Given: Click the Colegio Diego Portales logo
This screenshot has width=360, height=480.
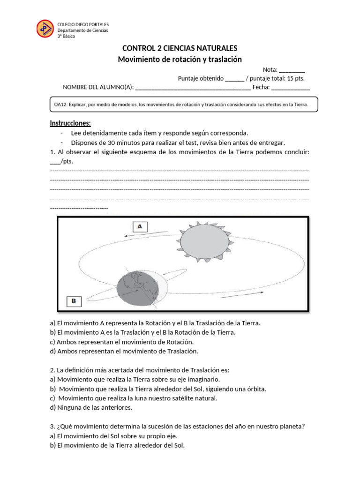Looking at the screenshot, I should [45, 29].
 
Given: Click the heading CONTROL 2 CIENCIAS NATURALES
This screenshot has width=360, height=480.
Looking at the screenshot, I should [180, 48].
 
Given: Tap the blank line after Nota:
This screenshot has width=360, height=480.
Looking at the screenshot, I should [292, 70].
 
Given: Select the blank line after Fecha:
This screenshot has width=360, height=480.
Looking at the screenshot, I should [291, 87].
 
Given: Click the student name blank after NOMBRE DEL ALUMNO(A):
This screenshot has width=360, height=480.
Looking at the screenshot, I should [193, 87].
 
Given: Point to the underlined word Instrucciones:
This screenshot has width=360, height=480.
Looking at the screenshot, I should [70, 123].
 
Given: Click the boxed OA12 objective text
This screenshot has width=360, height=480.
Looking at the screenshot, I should [183, 105].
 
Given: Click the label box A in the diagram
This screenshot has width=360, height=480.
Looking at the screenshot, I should [140, 227].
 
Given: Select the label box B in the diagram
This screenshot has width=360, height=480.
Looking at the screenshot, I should [73, 301].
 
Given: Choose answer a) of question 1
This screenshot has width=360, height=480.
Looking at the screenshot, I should [155, 323].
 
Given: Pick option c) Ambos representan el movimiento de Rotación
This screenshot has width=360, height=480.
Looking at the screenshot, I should [128, 342].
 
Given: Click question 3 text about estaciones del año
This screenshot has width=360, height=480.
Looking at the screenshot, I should [178, 427].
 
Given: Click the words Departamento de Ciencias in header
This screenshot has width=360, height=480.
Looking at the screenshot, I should [82, 30].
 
